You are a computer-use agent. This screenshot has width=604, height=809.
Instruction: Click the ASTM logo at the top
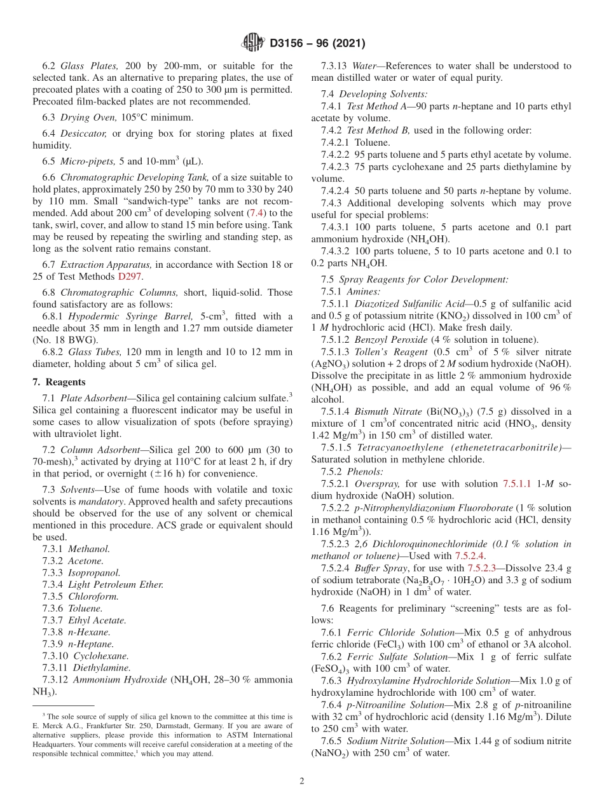coord(253,43)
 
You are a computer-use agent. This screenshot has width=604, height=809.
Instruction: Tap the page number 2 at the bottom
coord(301,781)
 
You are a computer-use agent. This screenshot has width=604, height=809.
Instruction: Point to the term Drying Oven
coord(88,117)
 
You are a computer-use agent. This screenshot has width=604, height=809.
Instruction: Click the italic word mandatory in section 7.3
coord(99,501)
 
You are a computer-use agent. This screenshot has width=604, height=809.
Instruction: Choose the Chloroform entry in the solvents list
coord(93,597)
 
